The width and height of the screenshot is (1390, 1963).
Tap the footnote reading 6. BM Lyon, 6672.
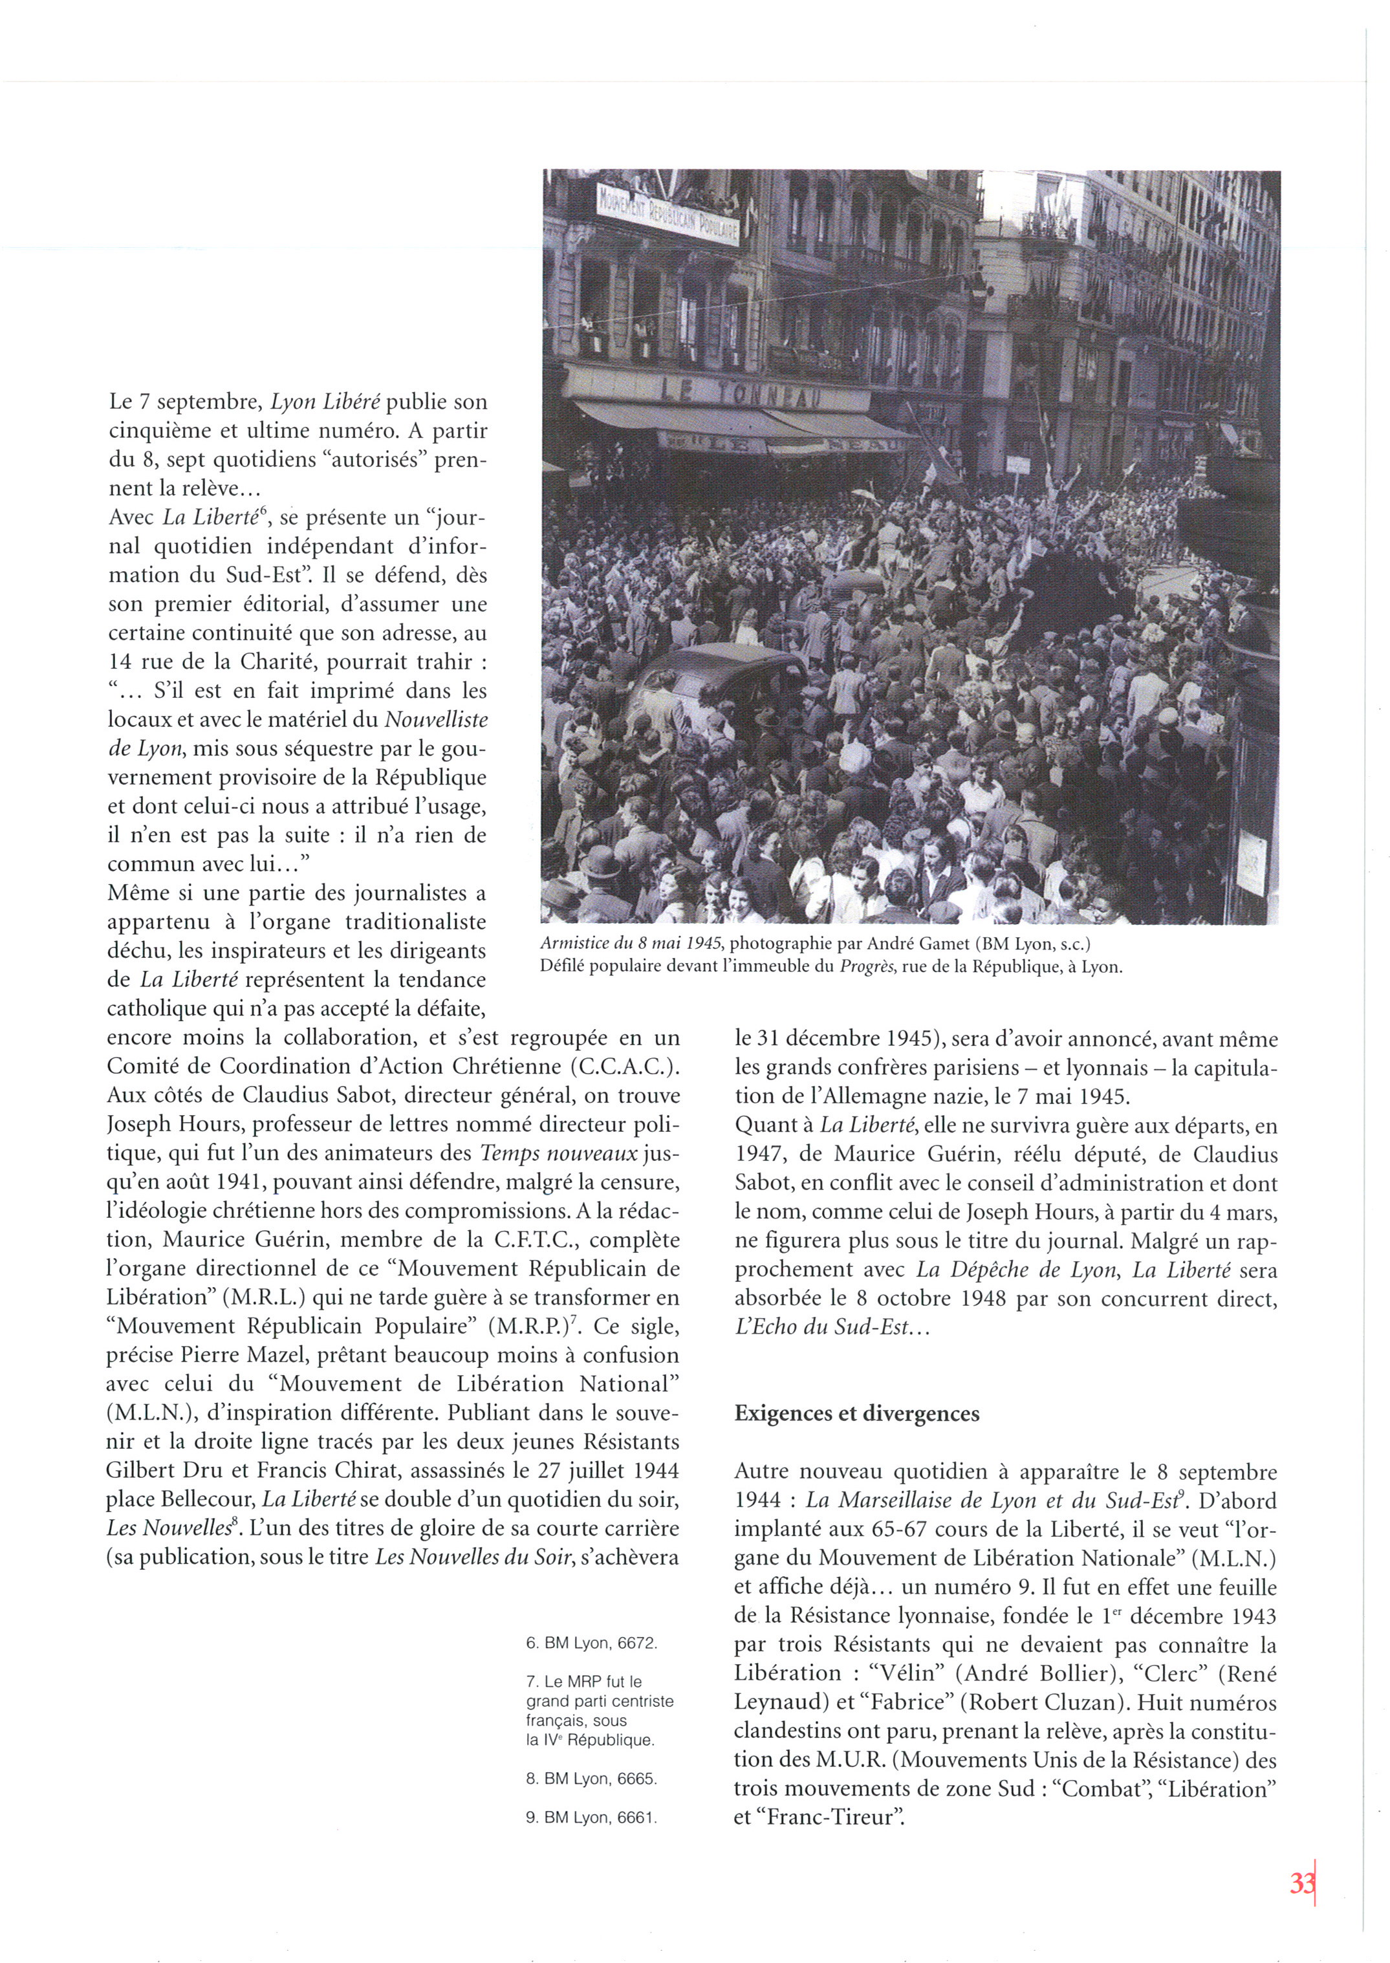[591, 1643]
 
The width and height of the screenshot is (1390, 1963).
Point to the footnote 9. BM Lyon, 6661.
[591, 1817]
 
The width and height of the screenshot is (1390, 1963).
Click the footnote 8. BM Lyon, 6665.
[591, 1778]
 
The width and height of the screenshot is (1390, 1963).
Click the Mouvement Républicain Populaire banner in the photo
[668, 214]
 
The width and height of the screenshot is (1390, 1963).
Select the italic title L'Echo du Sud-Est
[821, 1328]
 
